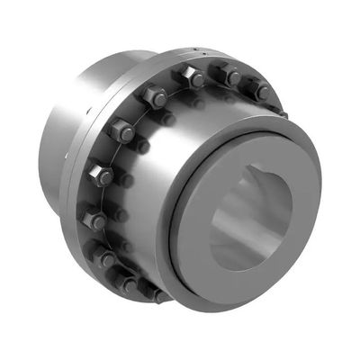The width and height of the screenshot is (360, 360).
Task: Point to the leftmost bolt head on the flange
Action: point(94,218)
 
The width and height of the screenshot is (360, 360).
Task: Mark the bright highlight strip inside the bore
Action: point(236,225)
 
